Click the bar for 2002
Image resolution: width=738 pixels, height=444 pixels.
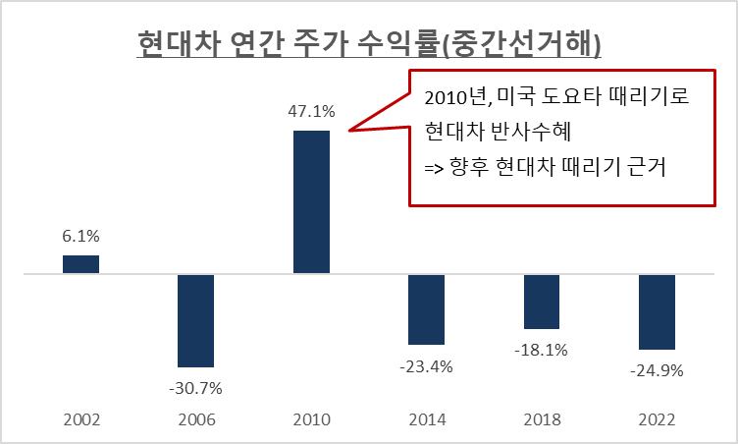[x=81, y=264]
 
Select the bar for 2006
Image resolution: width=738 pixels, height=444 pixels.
[x=195, y=320]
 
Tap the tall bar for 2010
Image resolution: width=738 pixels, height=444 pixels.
[x=312, y=201]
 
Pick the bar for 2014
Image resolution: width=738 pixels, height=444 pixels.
[x=426, y=309]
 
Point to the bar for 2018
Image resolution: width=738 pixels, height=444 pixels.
[x=541, y=302]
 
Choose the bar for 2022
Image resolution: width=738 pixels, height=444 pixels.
[x=657, y=311]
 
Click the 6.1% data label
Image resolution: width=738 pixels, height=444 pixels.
[x=81, y=237]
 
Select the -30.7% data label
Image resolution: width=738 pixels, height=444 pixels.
[x=195, y=387]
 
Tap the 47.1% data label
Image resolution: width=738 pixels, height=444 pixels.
[x=312, y=111]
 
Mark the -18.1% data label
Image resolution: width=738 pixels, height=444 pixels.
[x=541, y=349]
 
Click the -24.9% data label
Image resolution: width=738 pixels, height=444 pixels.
[x=657, y=370]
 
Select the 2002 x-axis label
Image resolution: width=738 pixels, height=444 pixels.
[x=81, y=419]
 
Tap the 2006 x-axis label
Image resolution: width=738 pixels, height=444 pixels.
[x=195, y=419]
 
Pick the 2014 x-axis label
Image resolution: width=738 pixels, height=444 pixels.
[x=426, y=419]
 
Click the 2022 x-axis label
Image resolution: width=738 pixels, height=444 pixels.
[x=657, y=419]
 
